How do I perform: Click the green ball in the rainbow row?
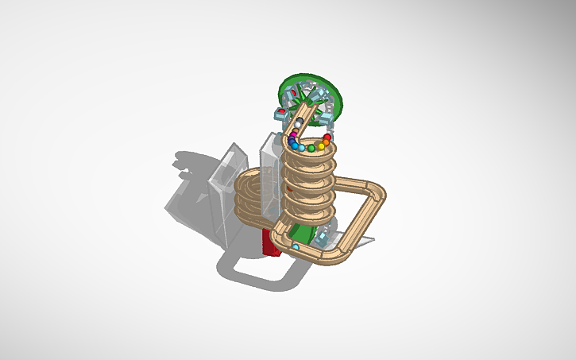tap(311, 148)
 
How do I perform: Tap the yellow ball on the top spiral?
tap(321, 145)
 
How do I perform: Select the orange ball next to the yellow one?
tap(326, 142)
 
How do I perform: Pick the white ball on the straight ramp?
tap(298, 124)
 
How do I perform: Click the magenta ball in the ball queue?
tap(293, 134)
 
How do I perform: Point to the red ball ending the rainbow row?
tap(327, 137)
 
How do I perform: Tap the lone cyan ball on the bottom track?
tap(296, 247)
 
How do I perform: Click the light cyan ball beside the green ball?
tap(302, 147)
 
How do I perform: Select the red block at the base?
tap(271, 242)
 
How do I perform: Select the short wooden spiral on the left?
tap(253, 195)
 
